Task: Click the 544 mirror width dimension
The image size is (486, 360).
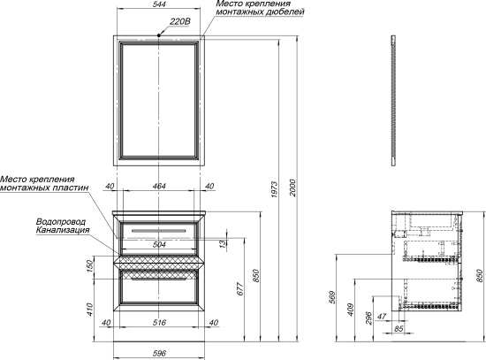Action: point(160,4)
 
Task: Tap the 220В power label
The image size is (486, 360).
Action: point(180,21)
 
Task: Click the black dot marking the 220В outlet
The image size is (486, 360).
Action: point(159,35)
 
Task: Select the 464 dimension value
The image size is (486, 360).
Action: point(159,187)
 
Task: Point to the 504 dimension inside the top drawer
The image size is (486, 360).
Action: point(159,244)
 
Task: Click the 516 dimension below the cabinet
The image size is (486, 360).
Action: point(159,323)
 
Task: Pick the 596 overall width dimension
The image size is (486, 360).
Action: point(159,353)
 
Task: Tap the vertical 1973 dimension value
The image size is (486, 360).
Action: point(274,189)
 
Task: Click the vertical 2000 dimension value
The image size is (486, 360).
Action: point(293,188)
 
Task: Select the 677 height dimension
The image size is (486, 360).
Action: point(240,288)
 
